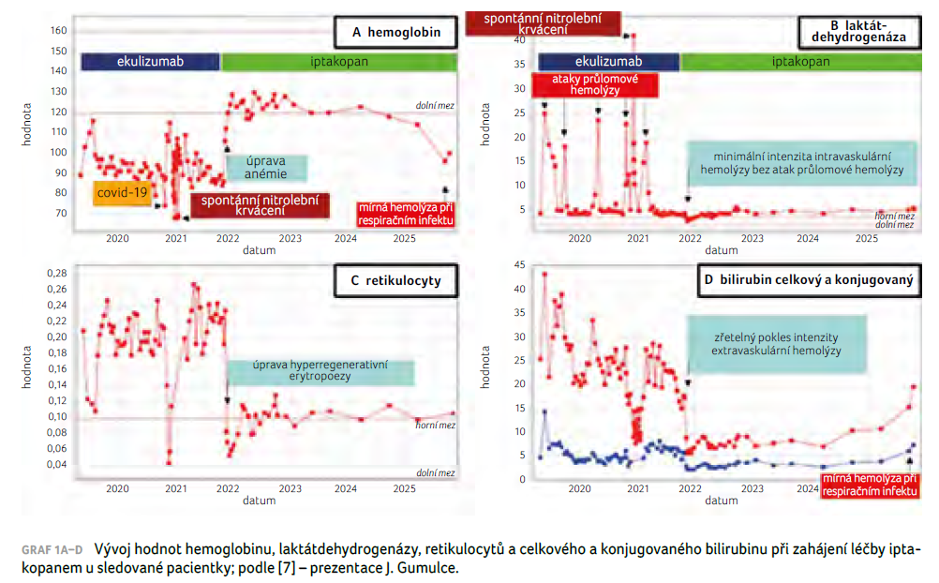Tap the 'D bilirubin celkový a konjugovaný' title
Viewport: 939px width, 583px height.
point(807,278)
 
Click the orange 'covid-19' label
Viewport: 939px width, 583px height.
point(123,193)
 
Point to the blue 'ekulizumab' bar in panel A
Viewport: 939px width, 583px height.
point(149,62)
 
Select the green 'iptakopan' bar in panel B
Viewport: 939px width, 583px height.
point(800,62)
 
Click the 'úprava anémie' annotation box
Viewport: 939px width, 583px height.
point(265,167)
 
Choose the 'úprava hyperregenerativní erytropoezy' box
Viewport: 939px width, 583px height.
point(320,370)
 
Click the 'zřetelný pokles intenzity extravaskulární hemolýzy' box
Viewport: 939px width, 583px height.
point(776,342)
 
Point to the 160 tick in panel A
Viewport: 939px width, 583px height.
point(58,31)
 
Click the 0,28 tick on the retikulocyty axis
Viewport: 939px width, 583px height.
point(55,273)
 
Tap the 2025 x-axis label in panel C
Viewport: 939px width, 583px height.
point(404,488)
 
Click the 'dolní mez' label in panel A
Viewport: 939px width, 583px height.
point(435,105)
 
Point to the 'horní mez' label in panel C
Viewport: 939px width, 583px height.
point(435,425)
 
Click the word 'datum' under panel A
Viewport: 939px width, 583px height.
point(259,250)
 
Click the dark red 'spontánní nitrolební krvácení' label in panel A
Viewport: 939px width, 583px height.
point(260,205)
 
